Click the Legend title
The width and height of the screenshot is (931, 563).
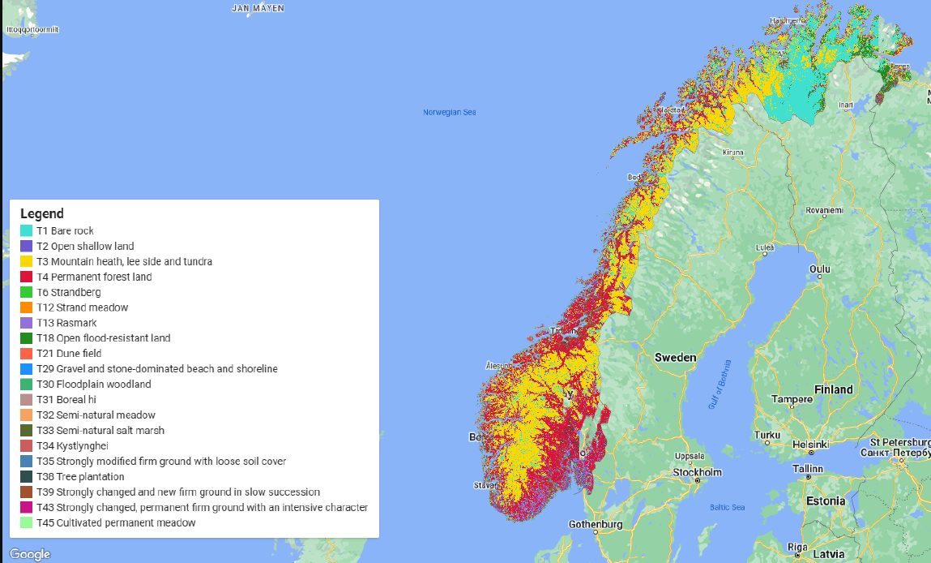(x=41, y=214)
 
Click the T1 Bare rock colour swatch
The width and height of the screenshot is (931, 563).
(x=26, y=231)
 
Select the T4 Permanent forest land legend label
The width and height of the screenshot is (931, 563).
(x=94, y=277)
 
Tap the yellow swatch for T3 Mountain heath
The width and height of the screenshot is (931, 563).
(x=26, y=261)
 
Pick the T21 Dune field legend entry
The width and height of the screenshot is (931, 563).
(x=69, y=354)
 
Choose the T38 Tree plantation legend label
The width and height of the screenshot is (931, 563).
(x=80, y=476)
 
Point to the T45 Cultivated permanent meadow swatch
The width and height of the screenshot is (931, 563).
(x=26, y=522)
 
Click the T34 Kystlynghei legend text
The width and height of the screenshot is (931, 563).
(x=72, y=445)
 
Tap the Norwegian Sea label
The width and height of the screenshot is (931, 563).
(x=449, y=112)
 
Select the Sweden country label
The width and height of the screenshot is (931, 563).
(x=675, y=357)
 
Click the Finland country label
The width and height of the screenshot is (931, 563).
(x=834, y=389)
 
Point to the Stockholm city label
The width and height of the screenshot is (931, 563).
(x=698, y=472)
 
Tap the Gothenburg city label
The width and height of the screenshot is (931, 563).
(x=596, y=524)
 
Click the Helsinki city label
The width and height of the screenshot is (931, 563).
(x=810, y=444)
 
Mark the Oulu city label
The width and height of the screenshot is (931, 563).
(x=819, y=269)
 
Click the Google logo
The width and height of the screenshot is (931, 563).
(x=30, y=554)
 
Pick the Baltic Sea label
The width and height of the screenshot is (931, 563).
(x=727, y=508)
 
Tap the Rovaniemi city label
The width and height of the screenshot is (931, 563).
(x=824, y=210)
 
